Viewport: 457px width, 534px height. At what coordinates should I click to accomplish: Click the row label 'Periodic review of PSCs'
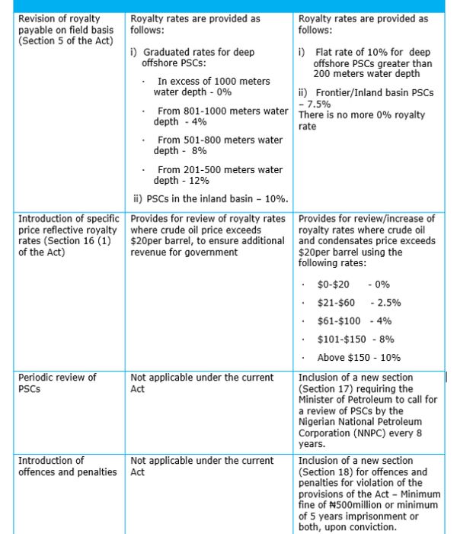tap(57, 382)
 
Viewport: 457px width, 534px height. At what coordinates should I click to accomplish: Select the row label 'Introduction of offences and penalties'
tap(67, 466)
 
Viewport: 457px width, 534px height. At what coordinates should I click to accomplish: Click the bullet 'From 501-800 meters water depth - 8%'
tap(218, 145)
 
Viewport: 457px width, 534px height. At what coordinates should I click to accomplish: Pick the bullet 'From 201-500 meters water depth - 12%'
tap(218, 175)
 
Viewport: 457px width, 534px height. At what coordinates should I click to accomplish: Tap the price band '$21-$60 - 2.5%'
tap(359, 303)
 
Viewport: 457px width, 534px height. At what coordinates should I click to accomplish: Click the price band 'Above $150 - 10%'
tap(358, 358)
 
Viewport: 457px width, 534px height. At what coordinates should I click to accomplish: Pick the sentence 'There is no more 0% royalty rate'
tap(362, 121)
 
